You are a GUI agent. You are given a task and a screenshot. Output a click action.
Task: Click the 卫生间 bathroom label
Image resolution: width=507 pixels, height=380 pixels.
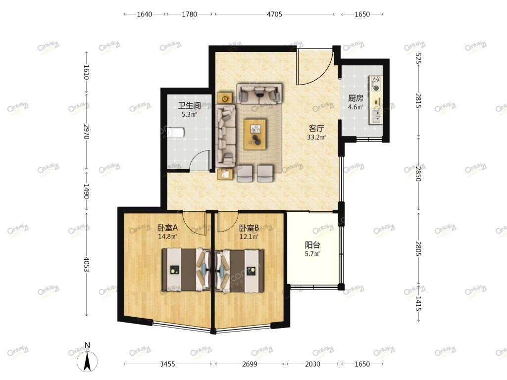tap(189, 105)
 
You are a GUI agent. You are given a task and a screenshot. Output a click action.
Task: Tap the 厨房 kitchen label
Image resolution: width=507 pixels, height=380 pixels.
tap(355, 98)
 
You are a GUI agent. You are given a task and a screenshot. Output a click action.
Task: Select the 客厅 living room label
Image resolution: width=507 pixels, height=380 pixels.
tap(316, 128)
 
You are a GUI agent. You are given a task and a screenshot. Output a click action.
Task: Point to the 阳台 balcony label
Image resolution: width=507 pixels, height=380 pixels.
tap(312, 245)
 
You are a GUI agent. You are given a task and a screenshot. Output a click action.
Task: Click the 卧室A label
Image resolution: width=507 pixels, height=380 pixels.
tap(167, 228)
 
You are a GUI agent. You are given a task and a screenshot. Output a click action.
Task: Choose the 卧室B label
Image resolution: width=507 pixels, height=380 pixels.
tap(249, 228)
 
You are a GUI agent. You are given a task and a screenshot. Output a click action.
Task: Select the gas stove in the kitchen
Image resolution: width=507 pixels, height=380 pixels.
tap(376, 84)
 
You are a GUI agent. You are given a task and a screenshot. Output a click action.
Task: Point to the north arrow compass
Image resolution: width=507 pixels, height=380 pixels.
tap(87, 359)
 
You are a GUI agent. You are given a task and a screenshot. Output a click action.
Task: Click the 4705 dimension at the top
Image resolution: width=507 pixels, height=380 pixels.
tap(274, 14)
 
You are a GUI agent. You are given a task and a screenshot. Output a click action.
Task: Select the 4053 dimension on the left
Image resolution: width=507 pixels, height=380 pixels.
tap(86, 264)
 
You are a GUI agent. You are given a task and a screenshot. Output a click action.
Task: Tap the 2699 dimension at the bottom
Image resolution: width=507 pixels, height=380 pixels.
tap(250, 364)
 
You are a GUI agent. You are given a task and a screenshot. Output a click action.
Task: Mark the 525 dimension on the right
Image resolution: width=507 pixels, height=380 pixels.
tap(418, 59)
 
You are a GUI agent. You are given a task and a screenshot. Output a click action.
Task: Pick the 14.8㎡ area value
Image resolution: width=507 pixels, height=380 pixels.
tap(167, 237)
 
